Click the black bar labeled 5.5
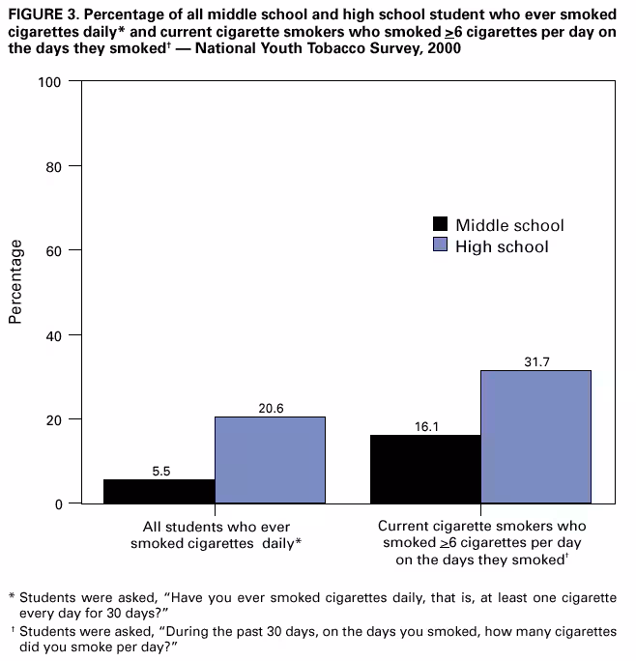click(x=159, y=491)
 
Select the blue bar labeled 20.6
click(x=270, y=460)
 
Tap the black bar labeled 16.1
click(x=425, y=469)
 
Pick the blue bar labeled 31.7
click(x=535, y=437)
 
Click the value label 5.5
click(x=161, y=472)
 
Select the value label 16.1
click(x=427, y=426)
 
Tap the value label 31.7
click(x=535, y=361)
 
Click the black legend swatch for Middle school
click(x=440, y=225)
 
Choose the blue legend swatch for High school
click(x=440, y=246)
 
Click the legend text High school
click(x=502, y=246)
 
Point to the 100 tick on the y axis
click(x=50, y=82)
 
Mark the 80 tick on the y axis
click(x=54, y=166)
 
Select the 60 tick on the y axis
click(x=54, y=250)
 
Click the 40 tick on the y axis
click(x=54, y=335)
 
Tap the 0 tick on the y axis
click(x=59, y=503)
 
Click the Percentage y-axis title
click(x=15, y=282)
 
